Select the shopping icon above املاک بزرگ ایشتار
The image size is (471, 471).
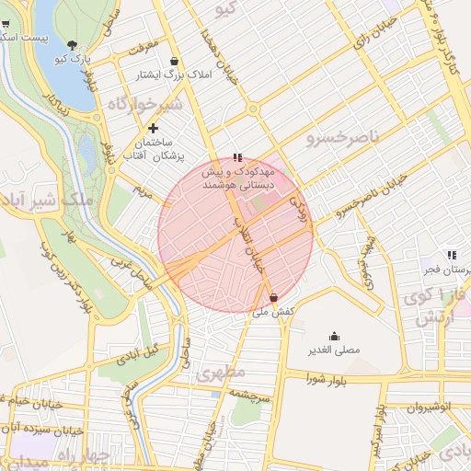click(174, 61)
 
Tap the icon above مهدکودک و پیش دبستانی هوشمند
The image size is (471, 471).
click(238, 158)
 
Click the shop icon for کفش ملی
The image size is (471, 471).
click(274, 298)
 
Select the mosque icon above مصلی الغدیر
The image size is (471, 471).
click(333, 336)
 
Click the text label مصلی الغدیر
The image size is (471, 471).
click(333, 350)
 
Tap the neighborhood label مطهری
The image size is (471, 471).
click(222, 373)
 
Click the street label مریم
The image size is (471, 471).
click(142, 192)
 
